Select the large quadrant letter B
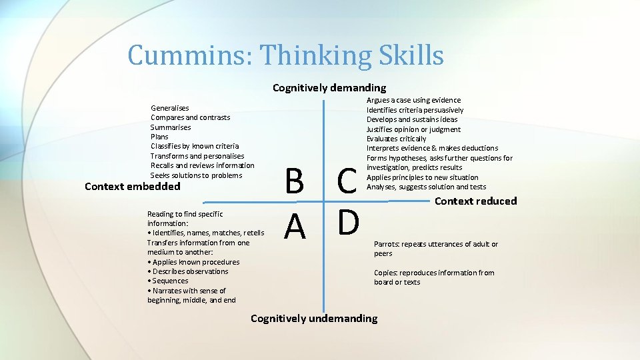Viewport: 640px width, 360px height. pyautogui.click(x=294, y=181)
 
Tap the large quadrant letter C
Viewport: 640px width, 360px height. pyautogui.click(x=347, y=181)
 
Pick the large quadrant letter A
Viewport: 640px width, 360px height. pyautogui.click(x=294, y=227)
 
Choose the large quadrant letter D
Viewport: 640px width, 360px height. pyautogui.click(x=348, y=223)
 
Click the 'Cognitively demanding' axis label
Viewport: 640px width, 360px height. pyautogui.click(x=329, y=87)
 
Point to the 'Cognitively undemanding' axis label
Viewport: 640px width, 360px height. pyautogui.click(x=313, y=318)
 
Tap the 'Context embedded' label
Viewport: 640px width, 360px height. pyautogui.click(x=133, y=187)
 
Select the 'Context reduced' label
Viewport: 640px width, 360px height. pyautogui.click(x=475, y=201)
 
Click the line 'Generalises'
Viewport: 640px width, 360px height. pyautogui.click(x=170, y=108)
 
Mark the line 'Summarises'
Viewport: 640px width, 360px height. pyautogui.click(x=171, y=127)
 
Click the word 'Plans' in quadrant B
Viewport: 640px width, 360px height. pyautogui.click(x=159, y=137)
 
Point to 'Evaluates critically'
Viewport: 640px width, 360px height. pyautogui.click(x=396, y=139)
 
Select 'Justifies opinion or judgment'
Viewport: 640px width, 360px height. pyautogui.click(x=413, y=129)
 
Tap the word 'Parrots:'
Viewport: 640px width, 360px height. pyautogui.click(x=389, y=244)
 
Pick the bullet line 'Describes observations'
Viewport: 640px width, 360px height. pyautogui.click(x=189, y=271)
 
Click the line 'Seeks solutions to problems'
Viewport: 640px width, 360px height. pyautogui.click(x=196, y=175)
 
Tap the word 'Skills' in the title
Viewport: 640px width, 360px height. pyautogui.click(x=414, y=55)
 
